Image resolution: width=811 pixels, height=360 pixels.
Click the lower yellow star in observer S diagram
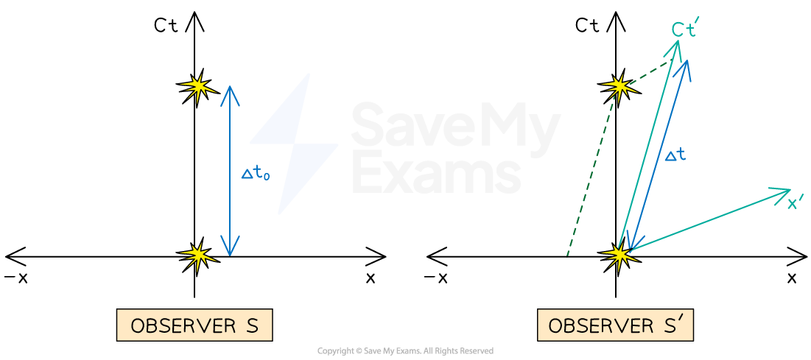pyautogui.click(x=197, y=256)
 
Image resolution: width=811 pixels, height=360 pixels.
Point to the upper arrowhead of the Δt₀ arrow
pyautogui.click(x=230, y=89)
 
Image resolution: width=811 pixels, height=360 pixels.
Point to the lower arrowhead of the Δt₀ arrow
pyautogui.click(x=231, y=253)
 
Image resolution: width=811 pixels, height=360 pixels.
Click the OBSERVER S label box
pyautogui.click(x=194, y=325)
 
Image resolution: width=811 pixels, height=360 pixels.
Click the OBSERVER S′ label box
pyautogui.click(x=615, y=325)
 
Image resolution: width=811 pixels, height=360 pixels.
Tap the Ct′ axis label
pyautogui.click(x=684, y=29)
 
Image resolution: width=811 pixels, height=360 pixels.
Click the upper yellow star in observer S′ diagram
pyautogui.click(x=618, y=88)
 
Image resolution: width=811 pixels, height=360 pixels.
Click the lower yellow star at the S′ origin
pyautogui.click(x=618, y=255)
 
